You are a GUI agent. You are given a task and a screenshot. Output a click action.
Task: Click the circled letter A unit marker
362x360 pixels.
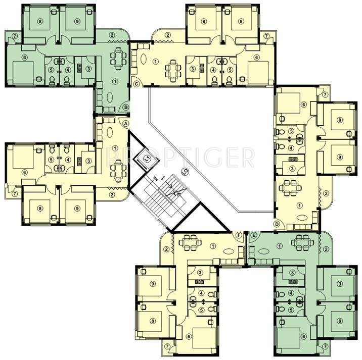coord(126,123)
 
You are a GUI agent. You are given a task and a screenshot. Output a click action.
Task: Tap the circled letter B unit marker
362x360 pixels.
coord(126,107)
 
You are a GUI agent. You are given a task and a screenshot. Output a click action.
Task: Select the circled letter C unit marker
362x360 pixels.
coord(136,84)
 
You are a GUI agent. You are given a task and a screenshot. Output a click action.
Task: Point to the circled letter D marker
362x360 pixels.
coord(277,224)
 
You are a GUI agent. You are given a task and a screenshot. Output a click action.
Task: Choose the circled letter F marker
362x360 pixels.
coord(240,235)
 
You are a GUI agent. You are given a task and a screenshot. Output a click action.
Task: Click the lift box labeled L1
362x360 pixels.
coord(147,159)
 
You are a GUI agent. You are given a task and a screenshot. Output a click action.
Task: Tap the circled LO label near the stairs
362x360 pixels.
coord(185,172)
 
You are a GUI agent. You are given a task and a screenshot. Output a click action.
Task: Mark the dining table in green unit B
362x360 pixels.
coord(117,58)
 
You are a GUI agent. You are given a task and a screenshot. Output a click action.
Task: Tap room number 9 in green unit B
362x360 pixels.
coord(77,21)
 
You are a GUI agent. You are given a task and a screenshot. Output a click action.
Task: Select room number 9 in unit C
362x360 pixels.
coord(204,21)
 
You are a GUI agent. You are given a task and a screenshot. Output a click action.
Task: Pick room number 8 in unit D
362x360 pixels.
coord(340,120)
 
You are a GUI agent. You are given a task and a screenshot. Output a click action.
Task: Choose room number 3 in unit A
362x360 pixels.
coord(88,161)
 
